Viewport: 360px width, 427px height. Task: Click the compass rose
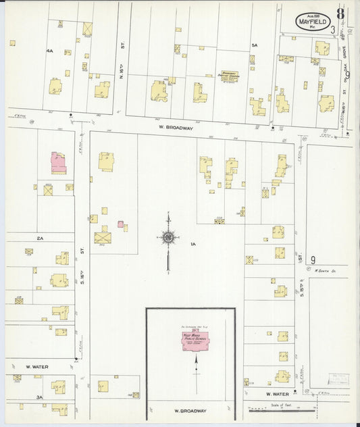(168, 237)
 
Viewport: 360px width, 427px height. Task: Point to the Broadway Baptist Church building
(232, 75)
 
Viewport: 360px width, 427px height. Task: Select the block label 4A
(50, 51)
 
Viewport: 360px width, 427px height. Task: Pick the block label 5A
(255, 45)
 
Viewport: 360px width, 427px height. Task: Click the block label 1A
(192, 244)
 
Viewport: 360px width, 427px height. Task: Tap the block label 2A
(40, 238)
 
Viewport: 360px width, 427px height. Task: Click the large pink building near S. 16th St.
(59, 162)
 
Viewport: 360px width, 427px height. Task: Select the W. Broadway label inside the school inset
(190, 410)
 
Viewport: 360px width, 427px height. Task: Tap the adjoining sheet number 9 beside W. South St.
(313, 259)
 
